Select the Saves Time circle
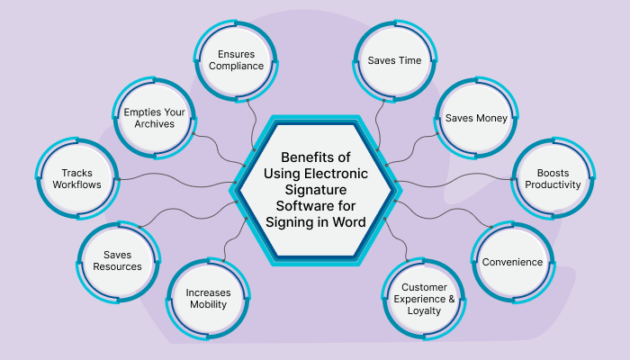point(394,60)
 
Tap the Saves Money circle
point(477,118)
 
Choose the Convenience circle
point(512,262)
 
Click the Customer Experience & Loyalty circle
point(424,298)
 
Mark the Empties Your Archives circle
point(156,117)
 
